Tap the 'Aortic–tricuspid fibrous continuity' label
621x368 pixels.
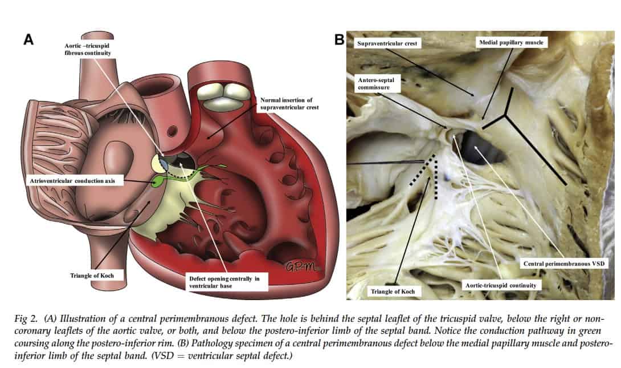pyautogui.click(x=86, y=48)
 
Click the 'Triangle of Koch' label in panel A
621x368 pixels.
pyautogui.click(x=92, y=276)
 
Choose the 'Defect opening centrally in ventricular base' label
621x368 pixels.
pyautogui.click(x=226, y=282)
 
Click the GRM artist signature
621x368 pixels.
pyautogui.click(x=298, y=265)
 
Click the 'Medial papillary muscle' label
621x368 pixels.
pyautogui.click(x=511, y=43)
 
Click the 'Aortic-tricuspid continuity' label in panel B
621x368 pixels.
pyautogui.click(x=500, y=285)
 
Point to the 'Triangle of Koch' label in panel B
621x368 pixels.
pyautogui.click(x=393, y=291)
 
